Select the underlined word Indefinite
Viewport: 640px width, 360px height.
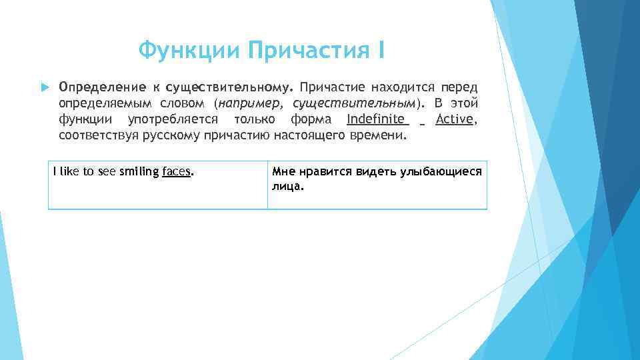tap(377, 119)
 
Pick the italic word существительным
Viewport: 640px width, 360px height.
tap(351, 103)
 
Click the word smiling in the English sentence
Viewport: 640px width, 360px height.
tap(139, 171)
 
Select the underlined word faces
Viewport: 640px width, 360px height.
tap(177, 171)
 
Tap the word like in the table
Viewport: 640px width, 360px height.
tap(69, 171)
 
